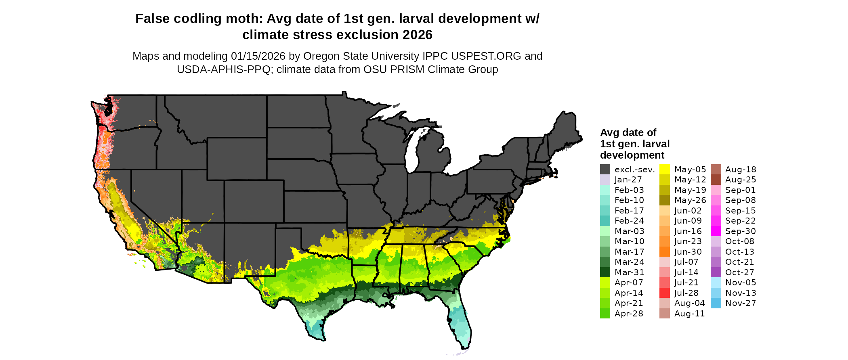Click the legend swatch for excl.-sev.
click(x=605, y=170)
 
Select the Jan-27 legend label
click(x=628, y=180)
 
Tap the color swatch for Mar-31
click(x=605, y=272)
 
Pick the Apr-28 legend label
click(x=629, y=314)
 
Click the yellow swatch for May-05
click(x=665, y=170)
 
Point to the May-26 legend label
click(x=690, y=200)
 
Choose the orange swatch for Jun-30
click(x=665, y=252)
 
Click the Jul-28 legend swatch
click(x=665, y=293)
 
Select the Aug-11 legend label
click(x=689, y=314)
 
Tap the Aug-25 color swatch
click(x=716, y=180)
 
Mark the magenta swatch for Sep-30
click(x=716, y=231)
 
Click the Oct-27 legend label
click(x=740, y=272)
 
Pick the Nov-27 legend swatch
click(x=716, y=303)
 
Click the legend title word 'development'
click(x=632, y=155)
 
